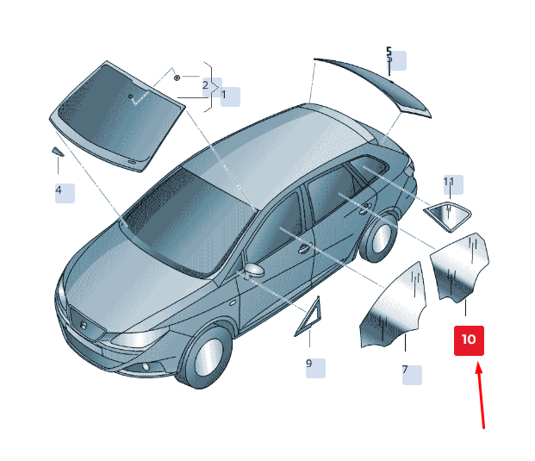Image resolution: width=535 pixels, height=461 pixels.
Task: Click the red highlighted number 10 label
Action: tap(469, 340)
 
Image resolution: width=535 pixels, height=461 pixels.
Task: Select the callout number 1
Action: tap(224, 95)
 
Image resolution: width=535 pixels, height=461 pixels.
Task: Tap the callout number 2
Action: tap(205, 85)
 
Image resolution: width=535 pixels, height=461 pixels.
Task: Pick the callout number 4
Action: tap(59, 190)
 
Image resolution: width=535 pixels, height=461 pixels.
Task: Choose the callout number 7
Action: tap(405, 370)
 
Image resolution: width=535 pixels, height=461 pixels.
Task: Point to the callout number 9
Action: tap(309, 363)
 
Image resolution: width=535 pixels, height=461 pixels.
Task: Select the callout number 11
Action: tap(449, 182)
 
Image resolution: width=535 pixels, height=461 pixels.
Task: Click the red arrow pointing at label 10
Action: tap(481, 396)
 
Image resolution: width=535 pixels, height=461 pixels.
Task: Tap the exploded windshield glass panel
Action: tap(118, 116)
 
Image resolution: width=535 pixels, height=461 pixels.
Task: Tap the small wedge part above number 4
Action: tap(58, 152)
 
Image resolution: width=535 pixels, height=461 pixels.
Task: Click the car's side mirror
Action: tap(254, 270)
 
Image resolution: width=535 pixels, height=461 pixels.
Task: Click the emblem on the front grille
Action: tap(84, 325)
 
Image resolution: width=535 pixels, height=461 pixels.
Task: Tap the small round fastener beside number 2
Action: tap(177, 78)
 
